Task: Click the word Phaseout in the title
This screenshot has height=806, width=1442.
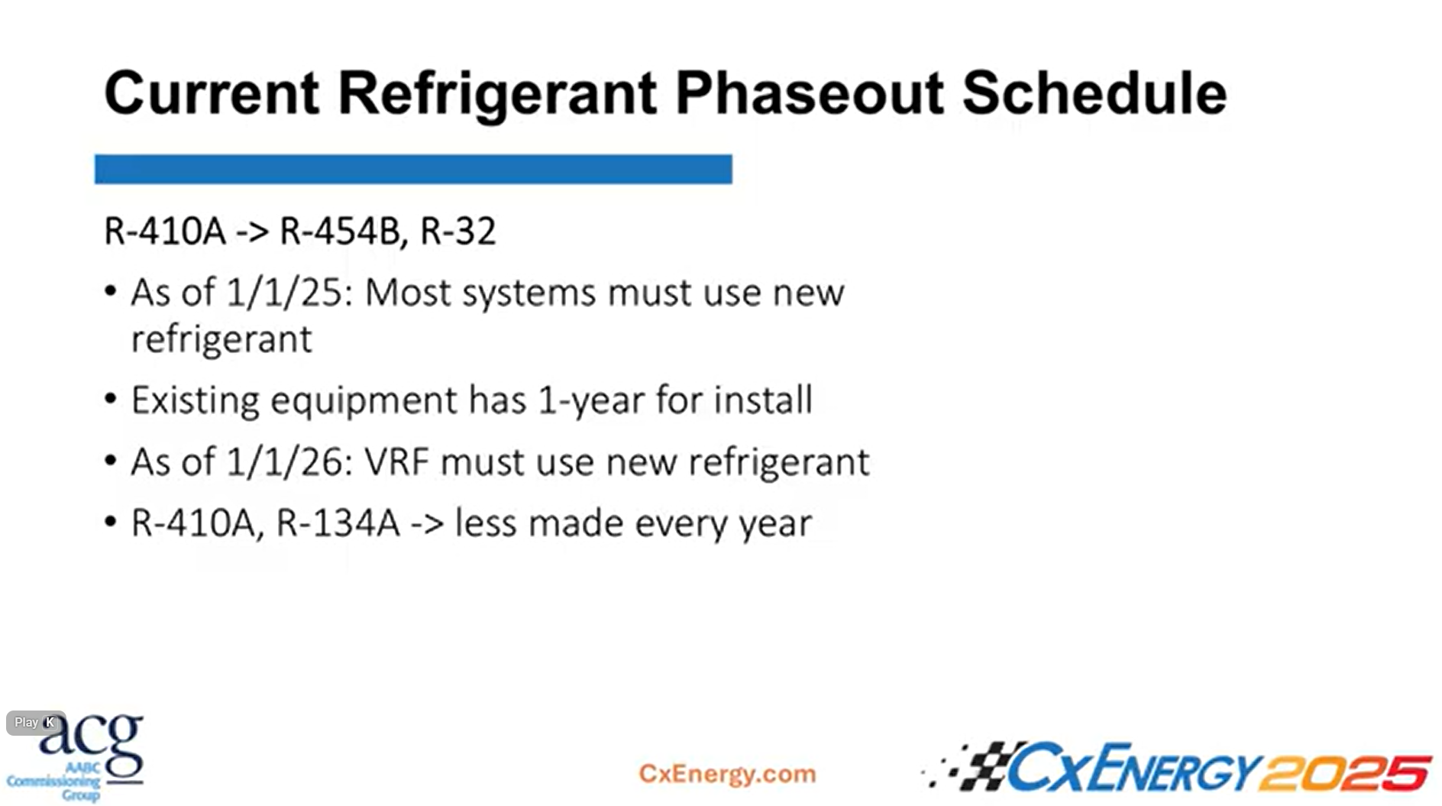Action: point(810,93)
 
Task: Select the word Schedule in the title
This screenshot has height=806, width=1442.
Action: point(1094,93)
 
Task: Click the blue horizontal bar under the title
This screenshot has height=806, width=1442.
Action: point(413,169)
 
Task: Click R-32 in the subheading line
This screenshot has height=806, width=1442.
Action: point(458,231)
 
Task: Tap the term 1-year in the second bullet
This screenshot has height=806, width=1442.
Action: point(590,400)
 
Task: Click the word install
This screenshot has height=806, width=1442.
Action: point(763,400)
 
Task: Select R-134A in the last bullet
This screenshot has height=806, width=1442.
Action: point(338,523)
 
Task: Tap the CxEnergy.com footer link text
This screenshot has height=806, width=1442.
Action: point(727,773)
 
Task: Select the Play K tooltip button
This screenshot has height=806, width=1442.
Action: point(35,722)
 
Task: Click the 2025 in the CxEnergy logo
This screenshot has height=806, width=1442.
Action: point(1345,772)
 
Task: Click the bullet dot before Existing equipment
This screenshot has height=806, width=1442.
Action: point(111,399)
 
